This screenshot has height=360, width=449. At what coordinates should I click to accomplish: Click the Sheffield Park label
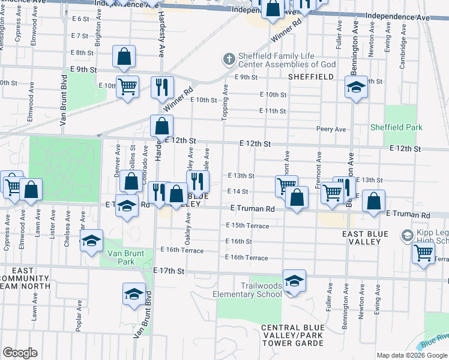tap(396, 127)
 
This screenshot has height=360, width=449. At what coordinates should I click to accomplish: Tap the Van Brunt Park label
tap(125, 257)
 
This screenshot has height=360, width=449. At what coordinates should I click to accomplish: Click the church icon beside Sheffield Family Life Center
tap(228, 59)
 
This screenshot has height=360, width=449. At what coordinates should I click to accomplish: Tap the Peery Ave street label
tap(331, 129)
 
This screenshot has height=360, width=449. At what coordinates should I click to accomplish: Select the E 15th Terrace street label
tap(248, 225)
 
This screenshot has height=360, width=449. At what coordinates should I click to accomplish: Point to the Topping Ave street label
tap(226, 102)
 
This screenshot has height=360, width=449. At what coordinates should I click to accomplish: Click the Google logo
tap(20, 353)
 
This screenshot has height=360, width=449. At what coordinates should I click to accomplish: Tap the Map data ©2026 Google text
tap(412, 355)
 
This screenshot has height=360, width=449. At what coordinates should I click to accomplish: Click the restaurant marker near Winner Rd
tap(162, 88)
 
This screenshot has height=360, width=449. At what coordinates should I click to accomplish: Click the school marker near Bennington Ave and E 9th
tap(356, 88)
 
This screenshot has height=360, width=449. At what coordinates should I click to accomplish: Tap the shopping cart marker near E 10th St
tap(127, 87)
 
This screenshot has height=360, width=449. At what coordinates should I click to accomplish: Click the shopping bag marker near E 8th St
tap(124, 57)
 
